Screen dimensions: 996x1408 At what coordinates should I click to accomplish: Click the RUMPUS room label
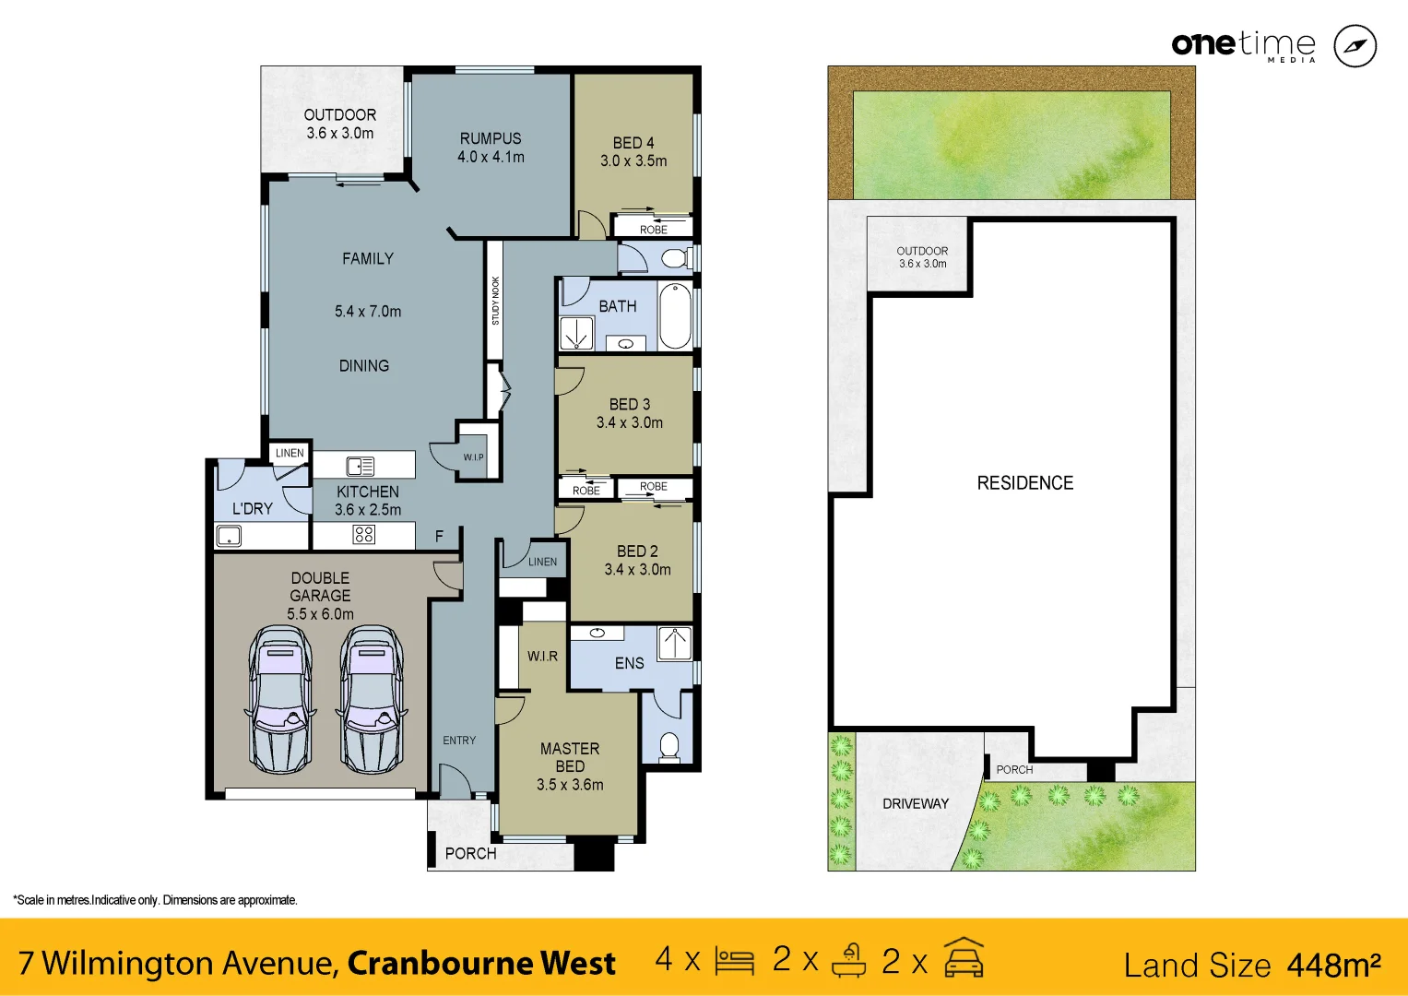(491, 138)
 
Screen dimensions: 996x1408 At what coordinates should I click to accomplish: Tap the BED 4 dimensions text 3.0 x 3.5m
(633, 160)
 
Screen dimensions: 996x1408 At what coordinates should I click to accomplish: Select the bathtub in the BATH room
(675, 316)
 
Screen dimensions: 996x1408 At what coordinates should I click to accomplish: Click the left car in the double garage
(280, 699)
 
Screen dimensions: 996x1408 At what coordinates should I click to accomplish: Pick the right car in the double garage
(372, 699)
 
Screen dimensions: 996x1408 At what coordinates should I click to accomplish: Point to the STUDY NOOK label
(495, 301)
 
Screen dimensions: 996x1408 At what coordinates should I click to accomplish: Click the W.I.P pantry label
(473, 457)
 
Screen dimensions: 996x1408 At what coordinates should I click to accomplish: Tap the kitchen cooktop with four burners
(364, 535)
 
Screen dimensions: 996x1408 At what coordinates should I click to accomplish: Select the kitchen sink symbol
(360, 466)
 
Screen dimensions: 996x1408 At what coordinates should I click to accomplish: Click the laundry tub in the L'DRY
(228, 536)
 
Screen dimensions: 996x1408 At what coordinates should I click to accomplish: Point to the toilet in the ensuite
(669, 745)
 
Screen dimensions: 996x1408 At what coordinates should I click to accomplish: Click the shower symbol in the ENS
(675, 643)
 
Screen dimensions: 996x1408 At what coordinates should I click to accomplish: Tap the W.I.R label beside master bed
(542, 656)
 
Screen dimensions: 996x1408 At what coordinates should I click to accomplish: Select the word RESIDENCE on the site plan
(1024, 483)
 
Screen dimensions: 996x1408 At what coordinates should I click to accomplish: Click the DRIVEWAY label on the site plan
(915, 803)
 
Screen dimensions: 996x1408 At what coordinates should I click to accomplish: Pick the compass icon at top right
(1355, 46)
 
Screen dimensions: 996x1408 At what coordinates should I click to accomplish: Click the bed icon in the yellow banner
(734, 961)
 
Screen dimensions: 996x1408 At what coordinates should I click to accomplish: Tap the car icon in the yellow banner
(964, 959)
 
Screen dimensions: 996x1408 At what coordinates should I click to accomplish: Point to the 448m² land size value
(1333, 965)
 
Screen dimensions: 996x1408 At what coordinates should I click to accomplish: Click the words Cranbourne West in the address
(480, 963)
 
